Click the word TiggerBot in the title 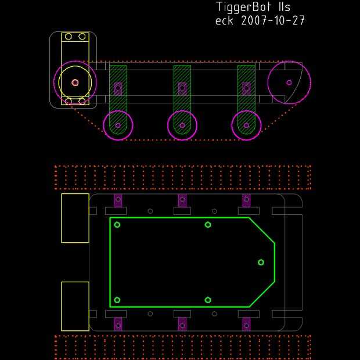click(x=244, y=7)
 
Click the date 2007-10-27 click(x=273, y=20)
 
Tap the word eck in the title click(x=224, y=21)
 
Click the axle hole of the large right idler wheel click(x=289, y=82)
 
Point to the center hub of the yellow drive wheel click(x=75, y=82)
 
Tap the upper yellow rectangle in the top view click(x=62, y=218)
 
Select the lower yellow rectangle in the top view click(x=62, y=306)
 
